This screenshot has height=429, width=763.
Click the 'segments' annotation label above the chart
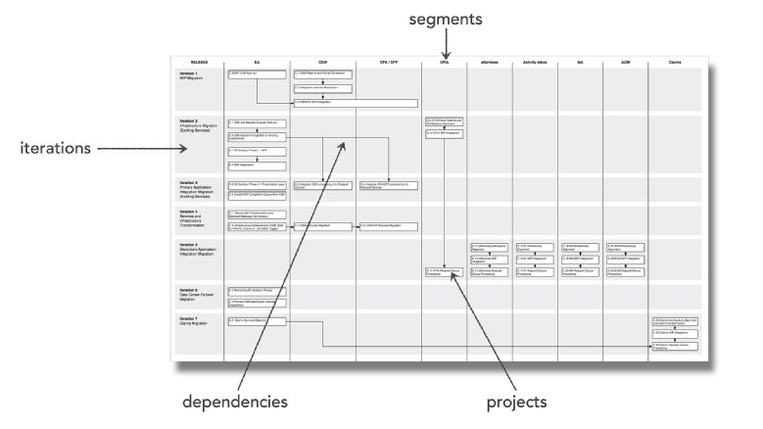point(447,18)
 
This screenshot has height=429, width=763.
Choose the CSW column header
point(322,61)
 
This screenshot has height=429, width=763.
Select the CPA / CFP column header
point(387,61)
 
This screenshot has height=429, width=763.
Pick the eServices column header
point(492,61)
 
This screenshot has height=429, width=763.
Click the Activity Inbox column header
point(536,61)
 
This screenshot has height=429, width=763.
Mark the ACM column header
point(626,61)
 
